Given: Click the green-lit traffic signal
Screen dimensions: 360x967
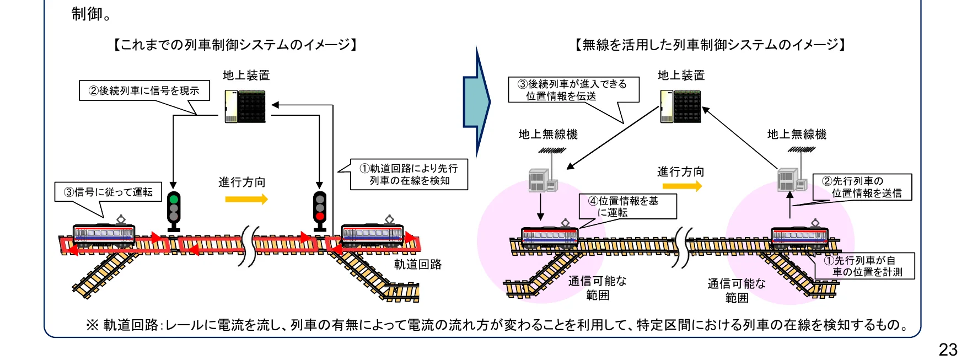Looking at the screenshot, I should [x=174, y=209].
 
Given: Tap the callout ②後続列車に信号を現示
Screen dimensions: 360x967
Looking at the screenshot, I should [x=144, y=91].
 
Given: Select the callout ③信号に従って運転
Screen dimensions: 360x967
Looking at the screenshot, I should [x=108, y=192].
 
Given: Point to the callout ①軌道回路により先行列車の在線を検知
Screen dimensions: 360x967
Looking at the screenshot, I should [x=409, y=175].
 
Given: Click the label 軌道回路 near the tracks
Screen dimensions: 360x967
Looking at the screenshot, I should [x=418, y=265].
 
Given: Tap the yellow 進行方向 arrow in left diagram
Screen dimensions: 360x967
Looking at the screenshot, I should [x=246, y=199].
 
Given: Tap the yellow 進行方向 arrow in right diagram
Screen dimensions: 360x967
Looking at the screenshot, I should [x=682, y=186].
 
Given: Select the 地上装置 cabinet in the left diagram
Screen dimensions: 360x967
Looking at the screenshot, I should [x=245, y=106].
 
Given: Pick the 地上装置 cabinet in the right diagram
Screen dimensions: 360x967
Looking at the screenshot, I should [x=680, y=106].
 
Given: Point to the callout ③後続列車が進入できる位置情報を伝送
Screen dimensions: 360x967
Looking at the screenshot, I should [x=573, y=90].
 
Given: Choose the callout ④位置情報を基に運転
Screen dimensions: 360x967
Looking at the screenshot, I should [x=627, y=207].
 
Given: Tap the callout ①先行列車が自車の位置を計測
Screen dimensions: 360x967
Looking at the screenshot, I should [x=864, y=266].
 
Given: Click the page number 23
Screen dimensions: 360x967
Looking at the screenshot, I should [x=948, y=349].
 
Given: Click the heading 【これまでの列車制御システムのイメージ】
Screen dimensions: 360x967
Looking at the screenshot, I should [x=235, y=45].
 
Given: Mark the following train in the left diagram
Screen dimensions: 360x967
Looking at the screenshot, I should [x=104, y=235].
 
